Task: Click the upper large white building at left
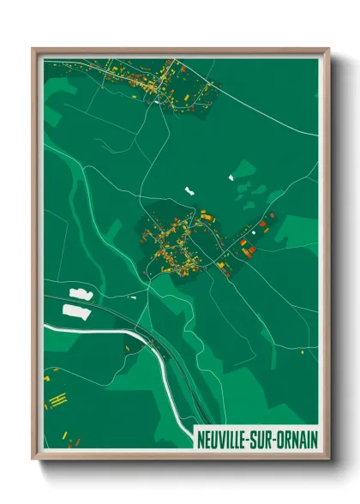[80, 294]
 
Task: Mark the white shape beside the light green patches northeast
[231, 177]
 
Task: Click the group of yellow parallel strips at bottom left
[57, 400]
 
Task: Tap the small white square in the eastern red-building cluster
[255, 231]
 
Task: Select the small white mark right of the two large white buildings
[133, 297]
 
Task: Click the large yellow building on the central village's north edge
[207, 218]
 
